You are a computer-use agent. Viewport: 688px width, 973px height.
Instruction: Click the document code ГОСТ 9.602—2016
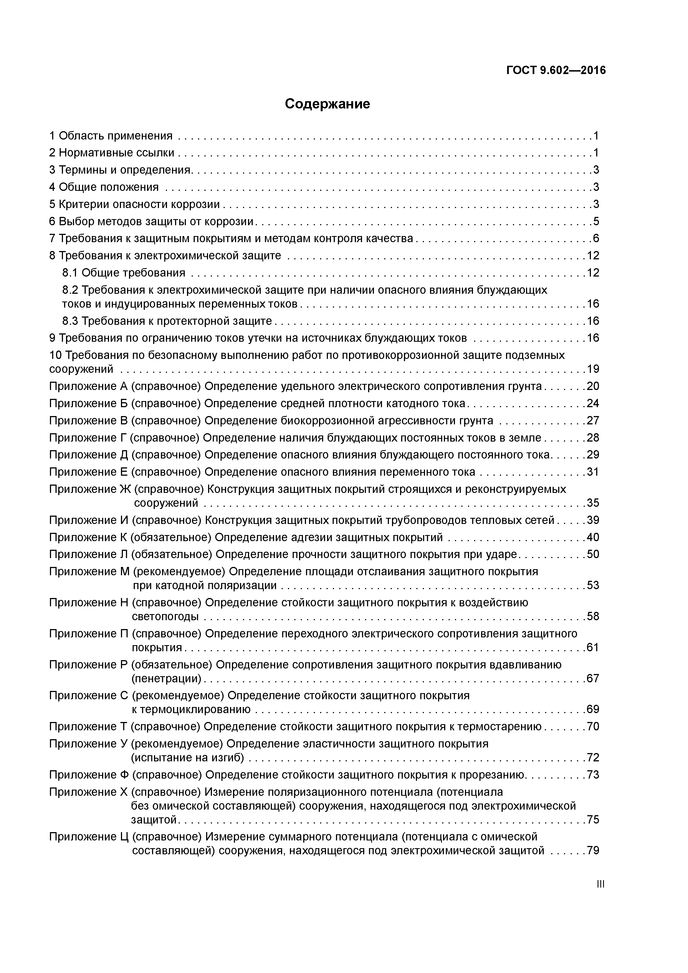pyautogui.click(x=556, y=70)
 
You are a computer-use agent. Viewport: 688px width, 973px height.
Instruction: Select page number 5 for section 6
pyautogui.click(x=596, y=222)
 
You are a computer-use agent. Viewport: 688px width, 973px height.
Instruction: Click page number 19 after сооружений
pyautogui.click(x=593, y=369)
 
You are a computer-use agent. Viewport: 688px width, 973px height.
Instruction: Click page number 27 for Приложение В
pyautogui.click(x=593, y=421)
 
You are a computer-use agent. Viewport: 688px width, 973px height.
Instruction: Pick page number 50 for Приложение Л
pyautogui.click(x=593, y=555)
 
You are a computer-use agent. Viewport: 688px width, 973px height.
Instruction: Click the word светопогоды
pyautogui.click(x=165, y=617)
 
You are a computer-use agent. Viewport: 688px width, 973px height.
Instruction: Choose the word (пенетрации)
pyautogui.click(x=167, y=678)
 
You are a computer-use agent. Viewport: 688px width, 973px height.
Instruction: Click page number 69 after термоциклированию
pyautogui.click(x=593, y=710)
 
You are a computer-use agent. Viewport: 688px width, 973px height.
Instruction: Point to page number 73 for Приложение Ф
pyautogui.click(x=593, y=775)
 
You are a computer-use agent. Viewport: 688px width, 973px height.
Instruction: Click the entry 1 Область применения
pyautogui.click(x=111, y=136)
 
